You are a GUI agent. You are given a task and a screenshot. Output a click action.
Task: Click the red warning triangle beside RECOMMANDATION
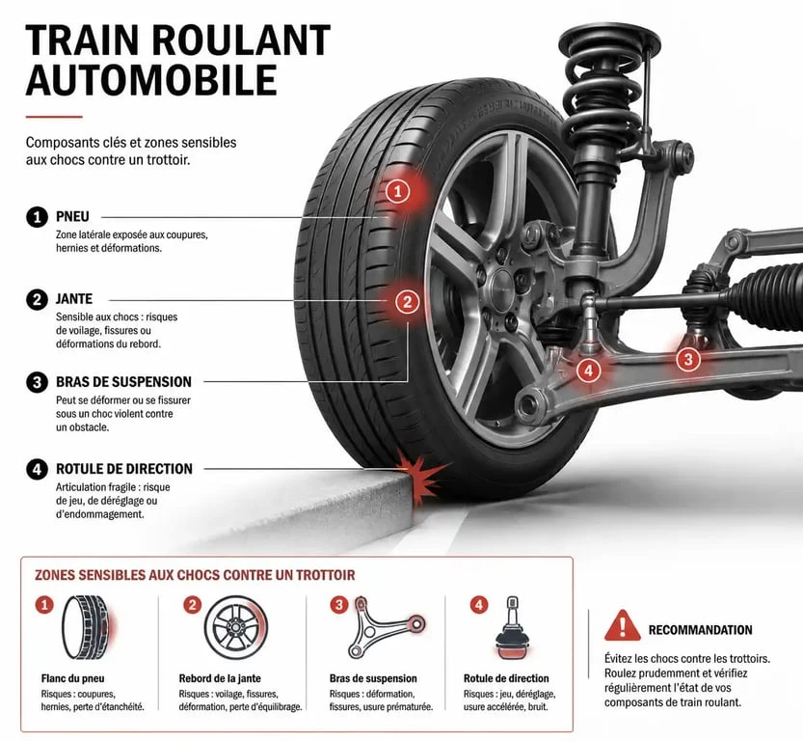(622, 626)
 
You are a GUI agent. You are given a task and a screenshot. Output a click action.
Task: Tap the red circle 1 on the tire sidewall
(398, 192)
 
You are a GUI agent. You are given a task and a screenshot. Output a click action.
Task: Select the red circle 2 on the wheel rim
(407, 301)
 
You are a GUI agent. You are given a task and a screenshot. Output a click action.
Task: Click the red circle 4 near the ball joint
(588, 370)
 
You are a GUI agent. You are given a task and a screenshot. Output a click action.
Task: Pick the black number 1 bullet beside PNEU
(37, 217)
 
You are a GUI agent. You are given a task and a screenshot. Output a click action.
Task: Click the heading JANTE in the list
(74, 299)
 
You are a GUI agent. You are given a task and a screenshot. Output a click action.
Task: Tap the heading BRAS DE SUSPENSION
(123, 382)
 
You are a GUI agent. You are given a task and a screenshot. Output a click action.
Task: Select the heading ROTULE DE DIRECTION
(124, 469)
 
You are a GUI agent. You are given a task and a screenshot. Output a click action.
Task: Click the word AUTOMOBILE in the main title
(151, 80)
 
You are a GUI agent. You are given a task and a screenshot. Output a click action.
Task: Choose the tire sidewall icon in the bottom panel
(86, 627)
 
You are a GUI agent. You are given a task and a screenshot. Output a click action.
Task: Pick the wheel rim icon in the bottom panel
(235, 628)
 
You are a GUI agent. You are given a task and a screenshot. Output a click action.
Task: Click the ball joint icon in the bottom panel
(512, 628)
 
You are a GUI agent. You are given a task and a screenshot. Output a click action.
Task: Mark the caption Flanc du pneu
(72, 678)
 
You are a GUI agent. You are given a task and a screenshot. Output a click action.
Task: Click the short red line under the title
(54, 117)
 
